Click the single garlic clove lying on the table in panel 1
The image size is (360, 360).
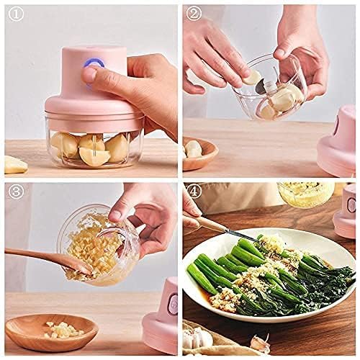14,164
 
